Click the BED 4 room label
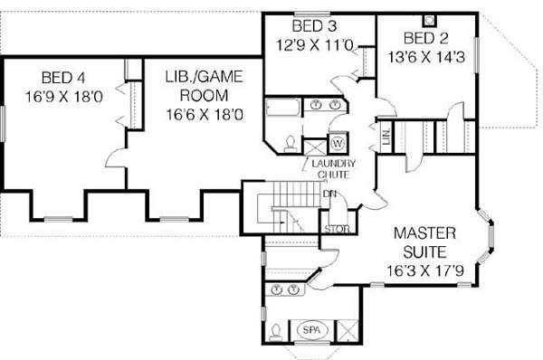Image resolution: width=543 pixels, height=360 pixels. [63, 78]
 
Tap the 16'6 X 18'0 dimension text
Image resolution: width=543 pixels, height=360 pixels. [205, 115]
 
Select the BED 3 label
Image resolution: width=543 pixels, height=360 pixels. [314, 26]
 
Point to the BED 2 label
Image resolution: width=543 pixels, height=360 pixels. [425, 38]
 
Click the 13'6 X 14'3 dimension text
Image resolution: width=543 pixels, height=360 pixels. [425, 57]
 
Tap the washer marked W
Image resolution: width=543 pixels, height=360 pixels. [338, 142]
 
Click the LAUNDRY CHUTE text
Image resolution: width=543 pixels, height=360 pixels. [333, 168]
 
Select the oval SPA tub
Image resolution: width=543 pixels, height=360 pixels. [311, 330]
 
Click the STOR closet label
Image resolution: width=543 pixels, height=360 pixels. [337, 229]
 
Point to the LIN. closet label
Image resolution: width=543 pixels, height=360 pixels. [386, 137]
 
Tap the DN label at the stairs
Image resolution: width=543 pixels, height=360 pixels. [329, 194]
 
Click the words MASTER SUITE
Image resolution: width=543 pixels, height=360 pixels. [425, 242]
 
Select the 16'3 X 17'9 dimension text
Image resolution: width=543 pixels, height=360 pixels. [425, 271]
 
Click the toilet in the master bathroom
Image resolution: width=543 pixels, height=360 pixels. [276, 331]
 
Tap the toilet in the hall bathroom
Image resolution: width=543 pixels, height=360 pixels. [290, 144]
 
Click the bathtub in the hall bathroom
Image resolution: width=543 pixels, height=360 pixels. [283, 108]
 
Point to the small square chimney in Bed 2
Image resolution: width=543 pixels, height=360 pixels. [429, 21]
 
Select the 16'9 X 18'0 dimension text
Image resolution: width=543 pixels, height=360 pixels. [64, 97]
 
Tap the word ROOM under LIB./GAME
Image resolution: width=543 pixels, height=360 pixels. [205, 96]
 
